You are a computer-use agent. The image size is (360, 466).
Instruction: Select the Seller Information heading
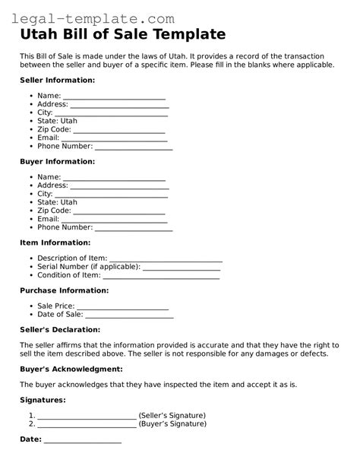click(x=57, y=80)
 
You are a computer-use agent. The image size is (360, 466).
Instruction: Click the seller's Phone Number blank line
click(x=134, y=147)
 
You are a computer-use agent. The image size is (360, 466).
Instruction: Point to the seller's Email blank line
click(x=113, y=138)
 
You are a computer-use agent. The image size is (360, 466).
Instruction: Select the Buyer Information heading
click(x=57, y=162)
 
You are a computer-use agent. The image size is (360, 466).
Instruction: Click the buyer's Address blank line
click(x=119, y=185)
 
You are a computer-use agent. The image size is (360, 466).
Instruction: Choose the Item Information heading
click(x=55, y=243)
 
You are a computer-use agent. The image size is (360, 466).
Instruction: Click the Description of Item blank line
click(x=166, y=259)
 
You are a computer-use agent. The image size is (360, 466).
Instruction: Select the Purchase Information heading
click(x=64, y=290)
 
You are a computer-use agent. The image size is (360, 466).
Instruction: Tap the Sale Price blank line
click(x=122, y=306)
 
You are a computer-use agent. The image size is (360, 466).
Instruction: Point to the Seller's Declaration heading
click(x=59, y=330)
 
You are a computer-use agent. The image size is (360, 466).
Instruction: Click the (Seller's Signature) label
click(x=172, y=416)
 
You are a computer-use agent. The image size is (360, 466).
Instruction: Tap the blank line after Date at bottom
click(x=82, y=440)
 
